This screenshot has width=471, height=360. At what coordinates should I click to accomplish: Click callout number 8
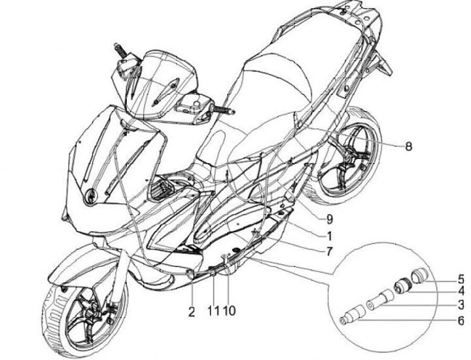click(408, 147)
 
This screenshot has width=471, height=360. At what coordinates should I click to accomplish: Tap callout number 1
click(330, 234)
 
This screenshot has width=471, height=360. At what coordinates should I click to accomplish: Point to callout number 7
click(330, 251)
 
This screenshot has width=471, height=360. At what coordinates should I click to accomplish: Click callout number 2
click(192, 312)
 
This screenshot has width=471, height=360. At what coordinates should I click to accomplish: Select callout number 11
click(213, 312)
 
